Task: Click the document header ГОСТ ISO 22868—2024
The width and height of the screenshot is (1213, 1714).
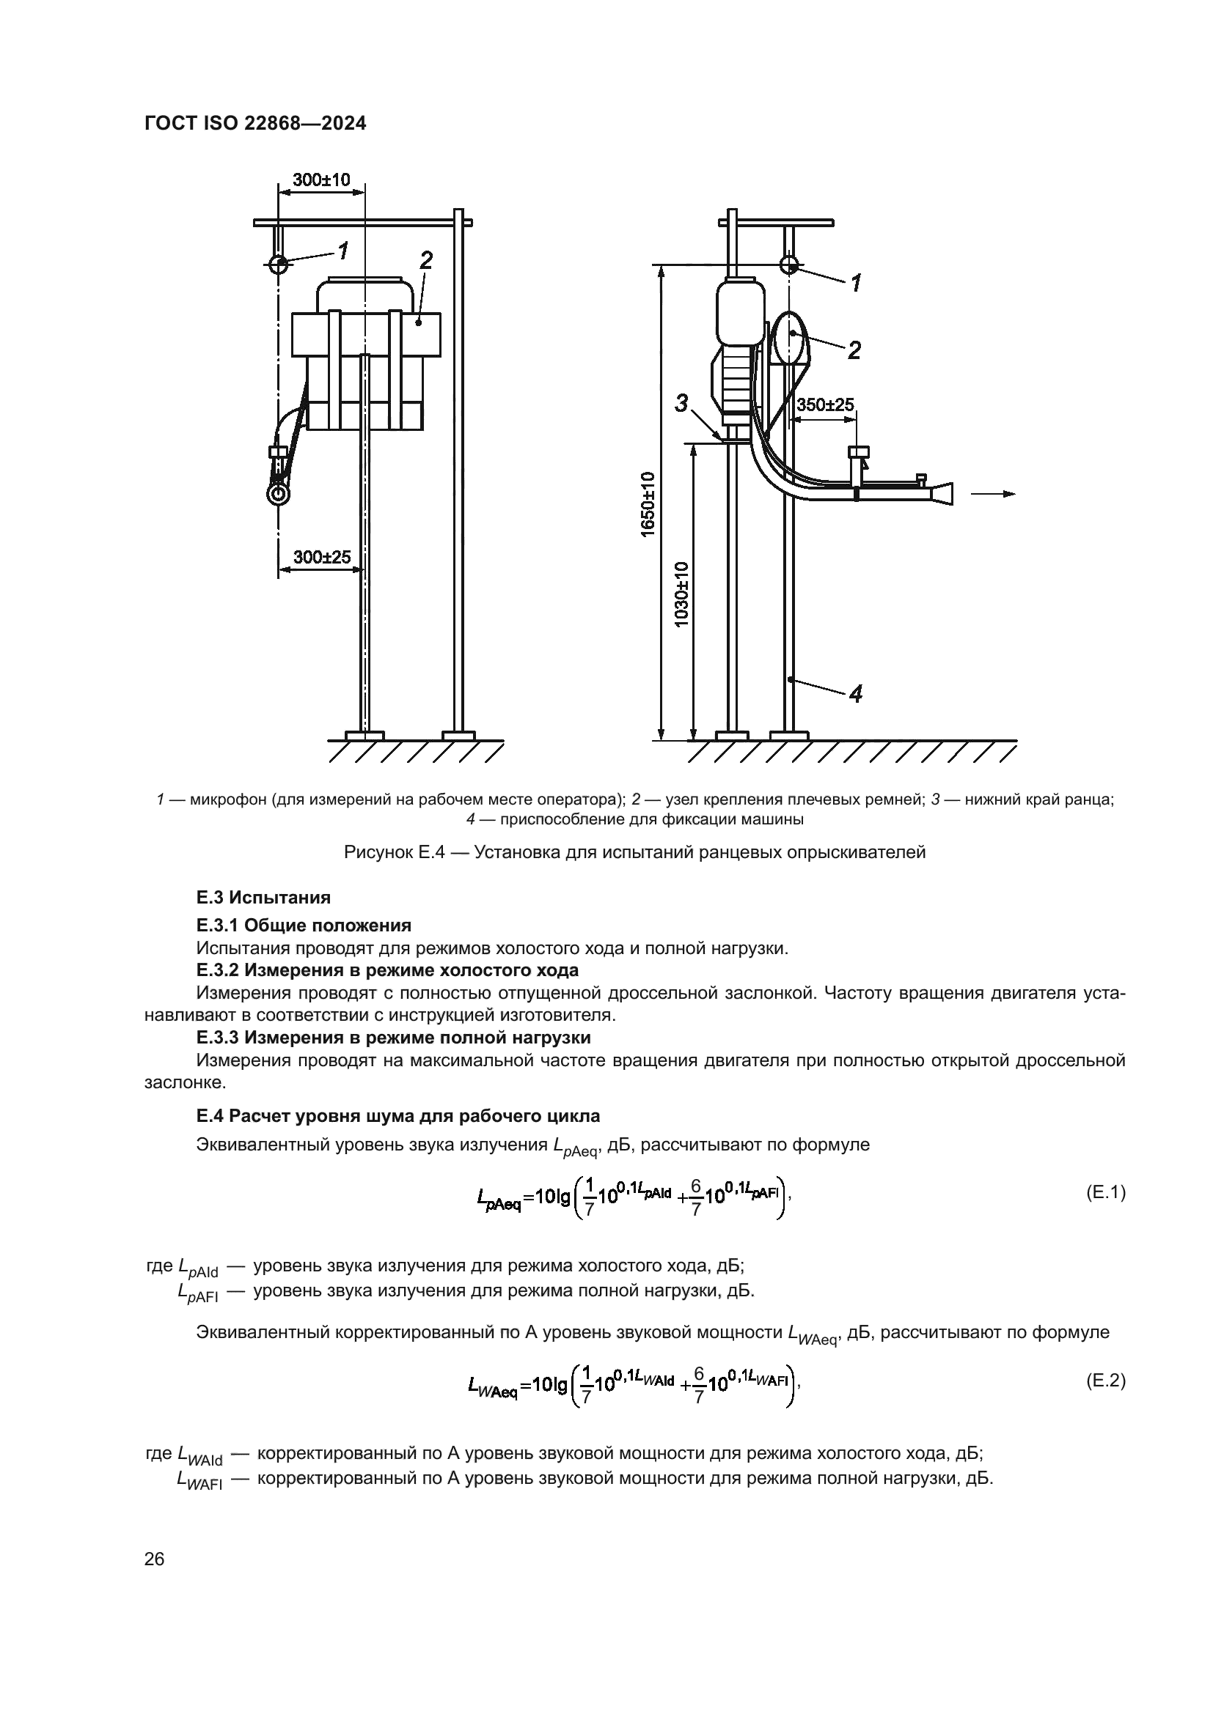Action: click(x=255, y=124)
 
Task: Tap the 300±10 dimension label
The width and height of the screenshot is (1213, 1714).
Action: click(x=321, y=180)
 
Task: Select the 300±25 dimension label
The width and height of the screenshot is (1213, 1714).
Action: click(x=322, y=557)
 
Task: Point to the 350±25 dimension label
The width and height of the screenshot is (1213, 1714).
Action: click(x=825, y=405)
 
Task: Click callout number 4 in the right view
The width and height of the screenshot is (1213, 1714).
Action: click(x=856, y=694)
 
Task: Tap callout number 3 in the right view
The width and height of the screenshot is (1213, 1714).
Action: click(x=681, y=404)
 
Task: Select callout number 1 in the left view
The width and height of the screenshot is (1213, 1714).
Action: click(x=342, y=251)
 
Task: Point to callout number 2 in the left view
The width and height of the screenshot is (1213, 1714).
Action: click(x=426, y=261)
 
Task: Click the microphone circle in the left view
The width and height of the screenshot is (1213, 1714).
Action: click(x=279, y=265)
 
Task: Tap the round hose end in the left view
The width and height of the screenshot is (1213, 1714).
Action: click(x=279, y=494)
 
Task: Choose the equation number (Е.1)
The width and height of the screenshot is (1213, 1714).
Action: click(x=1105, y=1193)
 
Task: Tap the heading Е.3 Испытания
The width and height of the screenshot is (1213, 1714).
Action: click(x=264, y=898)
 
